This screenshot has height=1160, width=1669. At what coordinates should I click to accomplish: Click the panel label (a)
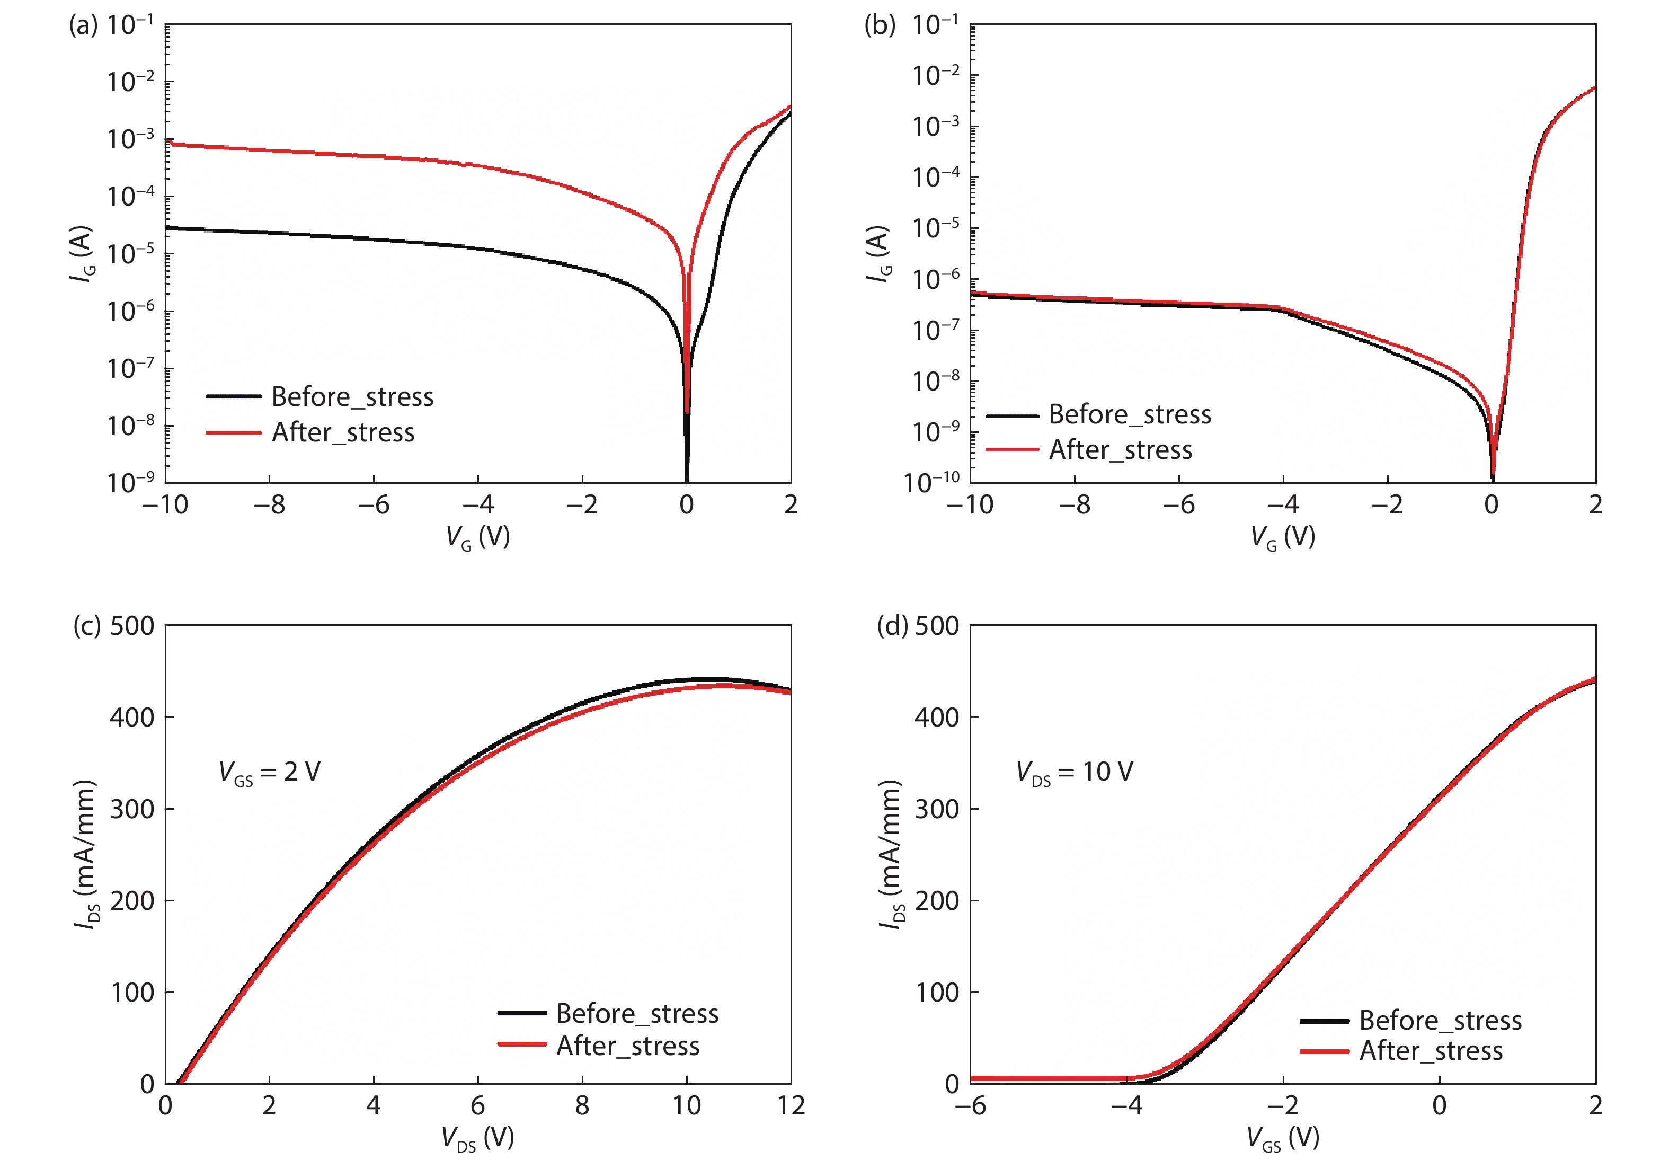pos(82,25)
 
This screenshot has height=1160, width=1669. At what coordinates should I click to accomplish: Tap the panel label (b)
pos(878,25)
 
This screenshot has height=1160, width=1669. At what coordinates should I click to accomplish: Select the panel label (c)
pos(86,626)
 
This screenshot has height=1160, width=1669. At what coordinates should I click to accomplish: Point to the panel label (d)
pos(892,626)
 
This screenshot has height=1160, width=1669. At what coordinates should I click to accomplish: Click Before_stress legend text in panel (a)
pos(352,397)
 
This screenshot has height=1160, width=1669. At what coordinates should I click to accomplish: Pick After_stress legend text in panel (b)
pos(1121,450)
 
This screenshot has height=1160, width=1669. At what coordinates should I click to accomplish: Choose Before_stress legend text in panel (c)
pos(637,1013)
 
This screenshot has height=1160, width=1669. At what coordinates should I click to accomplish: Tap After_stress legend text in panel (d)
pos(1431,1051)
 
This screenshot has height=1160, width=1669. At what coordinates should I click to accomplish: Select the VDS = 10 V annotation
pos(1074,772)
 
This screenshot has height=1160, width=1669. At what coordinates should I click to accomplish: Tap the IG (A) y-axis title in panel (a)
pos(82,254)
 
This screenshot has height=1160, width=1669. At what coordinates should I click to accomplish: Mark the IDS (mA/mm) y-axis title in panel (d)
pos(891,854)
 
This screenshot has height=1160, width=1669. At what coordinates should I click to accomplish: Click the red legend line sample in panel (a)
pos(233,432)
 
